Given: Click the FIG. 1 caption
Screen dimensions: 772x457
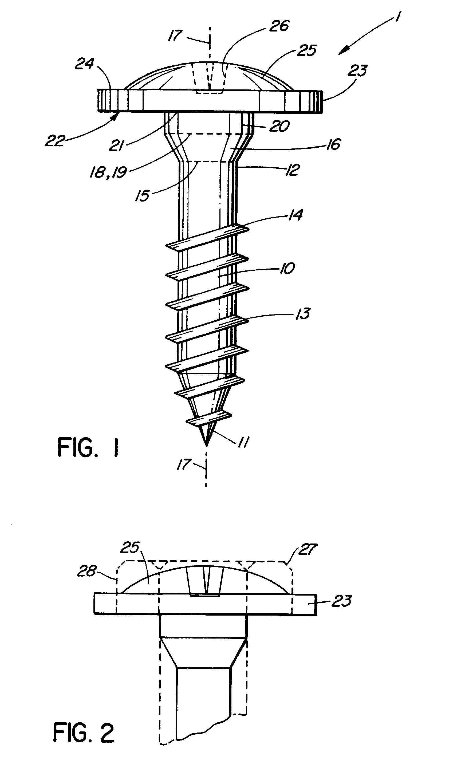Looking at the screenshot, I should coord(88,448).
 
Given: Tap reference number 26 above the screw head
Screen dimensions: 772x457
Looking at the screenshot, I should coord(279,26).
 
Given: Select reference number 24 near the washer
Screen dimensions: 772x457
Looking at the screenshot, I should coord(84,64).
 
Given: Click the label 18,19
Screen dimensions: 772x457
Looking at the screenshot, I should coord(108,172).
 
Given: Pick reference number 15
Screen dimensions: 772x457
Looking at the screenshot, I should coord(142,195).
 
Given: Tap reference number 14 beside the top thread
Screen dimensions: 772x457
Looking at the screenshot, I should coord(295,215).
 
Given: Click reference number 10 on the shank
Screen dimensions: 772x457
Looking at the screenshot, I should coord(287,268).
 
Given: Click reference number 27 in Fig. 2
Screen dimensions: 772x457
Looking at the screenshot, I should coord(308,549).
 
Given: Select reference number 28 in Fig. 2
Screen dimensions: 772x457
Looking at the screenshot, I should coord(87,571).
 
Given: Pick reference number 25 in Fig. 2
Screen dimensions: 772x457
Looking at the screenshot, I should coord(130,547).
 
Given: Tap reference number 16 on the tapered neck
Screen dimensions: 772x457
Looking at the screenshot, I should coord(333,144).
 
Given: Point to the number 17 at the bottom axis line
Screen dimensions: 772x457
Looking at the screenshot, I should coord(184,465).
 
